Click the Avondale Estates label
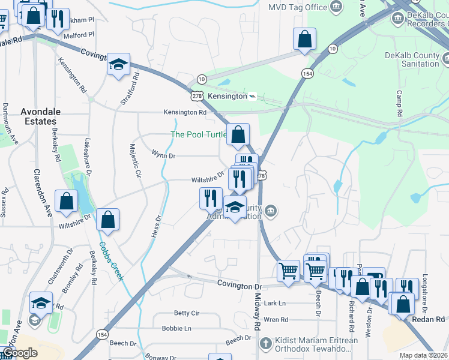pos(38,116)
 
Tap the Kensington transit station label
pos(228,96)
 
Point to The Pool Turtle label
pos(199,134)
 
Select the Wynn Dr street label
pos(163,155)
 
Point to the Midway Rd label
pos(258,310)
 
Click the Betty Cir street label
pos(186,313)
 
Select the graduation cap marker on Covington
pos(119,64)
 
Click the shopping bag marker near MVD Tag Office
pos(305,40)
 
